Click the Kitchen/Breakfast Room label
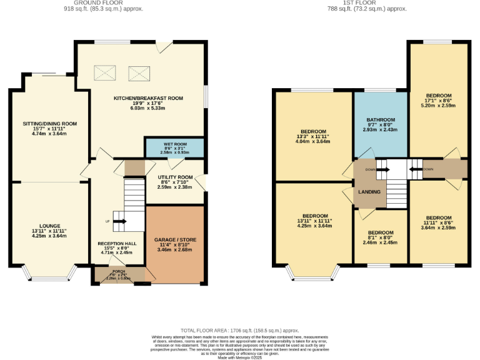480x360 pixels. click(x=148, y=99)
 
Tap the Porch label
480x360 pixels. click(x=118, y=272)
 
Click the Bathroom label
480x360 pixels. click(x=379, y=119)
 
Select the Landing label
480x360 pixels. click(x=369, y=192)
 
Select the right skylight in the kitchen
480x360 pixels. click(x=139, y=73)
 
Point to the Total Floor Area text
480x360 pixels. click(x=240, y=330)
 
